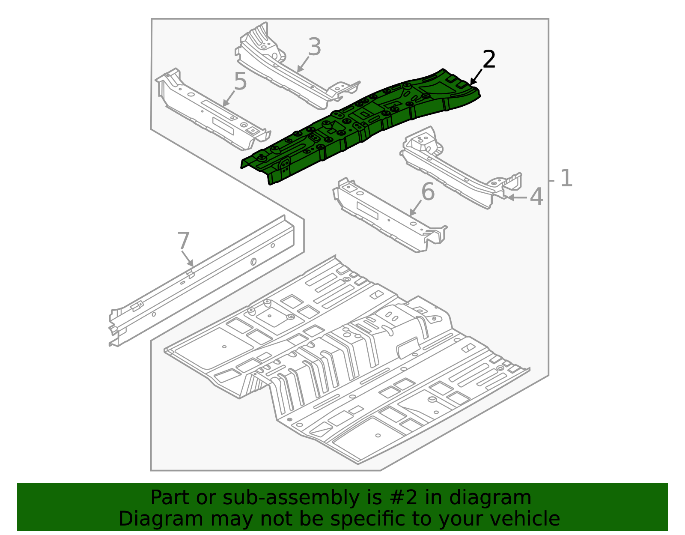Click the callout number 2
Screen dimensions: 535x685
(488, 59)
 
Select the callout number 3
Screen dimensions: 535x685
(314, 47)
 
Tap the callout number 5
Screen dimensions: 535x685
(240, 81)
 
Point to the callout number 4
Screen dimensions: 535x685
(536, 197)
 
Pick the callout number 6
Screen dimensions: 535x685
(428, 191)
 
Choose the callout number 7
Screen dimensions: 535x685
(183, 241)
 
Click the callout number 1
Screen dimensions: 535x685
(566, 179)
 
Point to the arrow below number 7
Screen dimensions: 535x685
(188, 259)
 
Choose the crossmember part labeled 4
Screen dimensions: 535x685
(458, 171)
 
